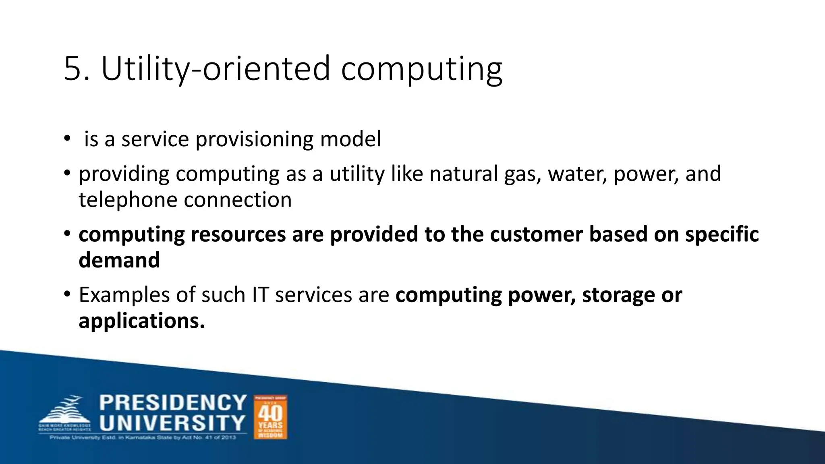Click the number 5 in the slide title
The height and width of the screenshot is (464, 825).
tap(73, 68)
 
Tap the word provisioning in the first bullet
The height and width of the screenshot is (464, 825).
tap(254, 140)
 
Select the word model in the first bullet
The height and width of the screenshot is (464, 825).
tap(350, 139)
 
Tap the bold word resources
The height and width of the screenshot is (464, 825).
tap(238, 234)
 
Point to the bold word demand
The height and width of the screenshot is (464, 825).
tap(119, 260)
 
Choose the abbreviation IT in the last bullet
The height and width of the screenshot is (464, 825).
tap(260, 294)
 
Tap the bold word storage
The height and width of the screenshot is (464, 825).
tap(618, 295)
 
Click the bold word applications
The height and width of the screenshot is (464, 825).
tap(141, 321)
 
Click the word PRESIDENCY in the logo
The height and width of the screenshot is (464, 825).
tap(173, 403)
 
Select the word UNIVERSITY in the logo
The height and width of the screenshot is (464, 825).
tap(172, 423)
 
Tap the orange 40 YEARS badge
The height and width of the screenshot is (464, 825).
tap(270, 417)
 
